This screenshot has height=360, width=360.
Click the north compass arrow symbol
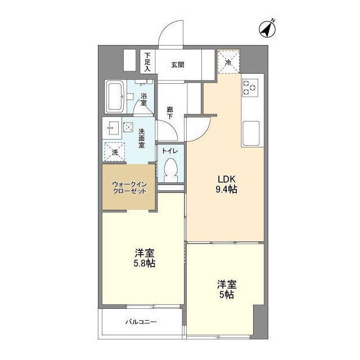[268, 28]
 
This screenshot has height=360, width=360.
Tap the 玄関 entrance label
[178, 65]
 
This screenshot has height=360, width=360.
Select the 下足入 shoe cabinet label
[147, 61]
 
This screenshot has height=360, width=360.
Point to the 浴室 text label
[143, 98]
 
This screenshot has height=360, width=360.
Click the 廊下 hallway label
[169, 112]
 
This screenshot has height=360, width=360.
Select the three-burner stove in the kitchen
[249, 87]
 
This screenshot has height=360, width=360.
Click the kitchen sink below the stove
[250, 133]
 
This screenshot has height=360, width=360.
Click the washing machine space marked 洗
[115, 151]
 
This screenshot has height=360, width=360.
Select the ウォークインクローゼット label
[129, 187]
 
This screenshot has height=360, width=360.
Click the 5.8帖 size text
[145, 264]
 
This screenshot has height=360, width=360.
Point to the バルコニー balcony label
[141, 322]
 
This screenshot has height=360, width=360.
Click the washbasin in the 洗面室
[111, 128]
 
